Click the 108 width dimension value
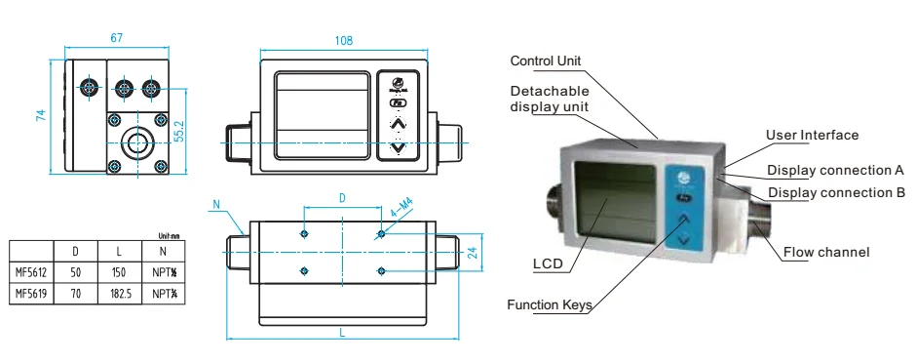343,41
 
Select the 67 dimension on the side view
116,37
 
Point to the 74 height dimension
41,115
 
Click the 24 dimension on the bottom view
472,252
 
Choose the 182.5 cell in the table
121,292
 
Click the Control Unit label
546,61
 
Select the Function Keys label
549,304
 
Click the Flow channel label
826,253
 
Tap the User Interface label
813,135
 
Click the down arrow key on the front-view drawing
397,148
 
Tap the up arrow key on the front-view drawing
397,124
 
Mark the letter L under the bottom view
343,333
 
